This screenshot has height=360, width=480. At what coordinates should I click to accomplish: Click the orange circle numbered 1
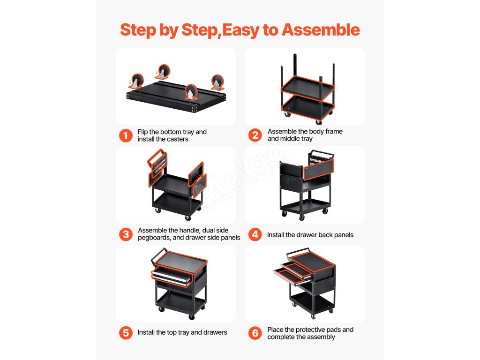coord(126,135)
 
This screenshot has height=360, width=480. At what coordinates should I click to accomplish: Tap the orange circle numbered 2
coord(255,135)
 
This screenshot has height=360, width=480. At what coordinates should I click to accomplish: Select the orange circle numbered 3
coord(126,234)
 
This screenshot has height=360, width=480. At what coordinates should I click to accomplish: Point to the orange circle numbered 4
coord(255,234)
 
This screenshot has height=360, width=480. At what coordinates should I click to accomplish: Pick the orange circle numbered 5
coord(126,333)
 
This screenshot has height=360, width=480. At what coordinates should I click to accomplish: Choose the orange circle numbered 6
coord(255,333)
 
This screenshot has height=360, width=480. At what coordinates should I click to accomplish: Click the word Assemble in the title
coord(321,30)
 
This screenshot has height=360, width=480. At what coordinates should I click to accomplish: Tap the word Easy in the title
coord(240,30)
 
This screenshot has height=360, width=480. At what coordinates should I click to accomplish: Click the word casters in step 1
coord(177,139)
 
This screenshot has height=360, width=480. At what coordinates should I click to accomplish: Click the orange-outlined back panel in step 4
coord(318,169)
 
